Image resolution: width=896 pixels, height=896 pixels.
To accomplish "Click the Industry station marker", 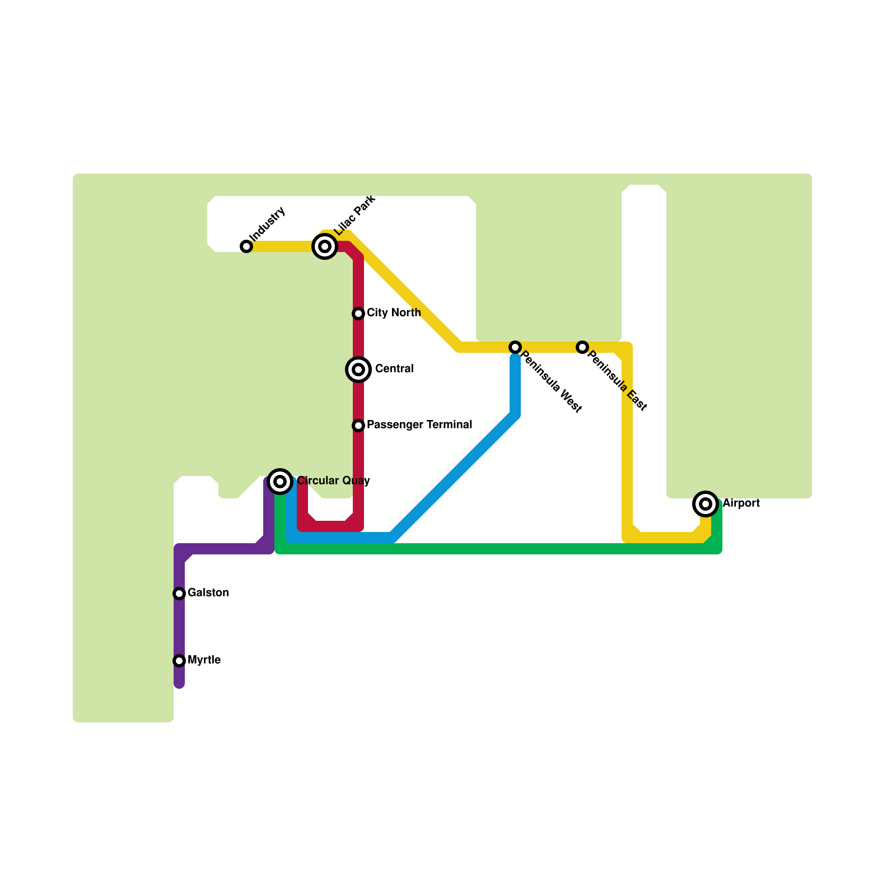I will point(246,246).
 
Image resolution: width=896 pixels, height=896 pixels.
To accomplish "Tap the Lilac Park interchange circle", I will point(325,246).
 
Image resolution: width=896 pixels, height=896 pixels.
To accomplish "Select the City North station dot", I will point(358,314).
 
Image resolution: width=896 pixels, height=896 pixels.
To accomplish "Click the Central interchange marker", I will point(358,370).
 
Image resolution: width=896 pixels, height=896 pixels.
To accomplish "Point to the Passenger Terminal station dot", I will point(358,426).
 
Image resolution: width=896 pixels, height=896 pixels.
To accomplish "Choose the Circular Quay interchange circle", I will point(281,482).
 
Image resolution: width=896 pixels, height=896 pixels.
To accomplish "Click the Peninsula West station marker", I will point(515,347).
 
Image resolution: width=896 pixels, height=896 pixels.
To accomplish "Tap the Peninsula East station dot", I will point(582,347).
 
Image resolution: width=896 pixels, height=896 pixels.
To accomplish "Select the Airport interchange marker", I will point(706,504).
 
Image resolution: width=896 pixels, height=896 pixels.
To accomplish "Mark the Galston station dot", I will point(179,594).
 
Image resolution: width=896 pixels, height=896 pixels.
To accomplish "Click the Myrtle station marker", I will point(179,661).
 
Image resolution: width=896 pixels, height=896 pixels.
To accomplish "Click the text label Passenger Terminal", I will point(419,425).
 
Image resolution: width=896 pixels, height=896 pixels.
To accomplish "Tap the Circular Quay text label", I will point(333,481).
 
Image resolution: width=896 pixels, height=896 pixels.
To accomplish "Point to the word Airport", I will point(741,503).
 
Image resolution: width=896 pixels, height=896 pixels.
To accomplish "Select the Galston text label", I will point(208,593).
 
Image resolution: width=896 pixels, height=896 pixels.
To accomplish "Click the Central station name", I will point(394,369).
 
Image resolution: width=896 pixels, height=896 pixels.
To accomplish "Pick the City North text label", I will point(394,313).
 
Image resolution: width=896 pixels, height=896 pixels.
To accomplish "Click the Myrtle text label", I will point(204,660).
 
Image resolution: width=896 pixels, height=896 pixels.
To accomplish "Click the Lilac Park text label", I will point(354,216).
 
